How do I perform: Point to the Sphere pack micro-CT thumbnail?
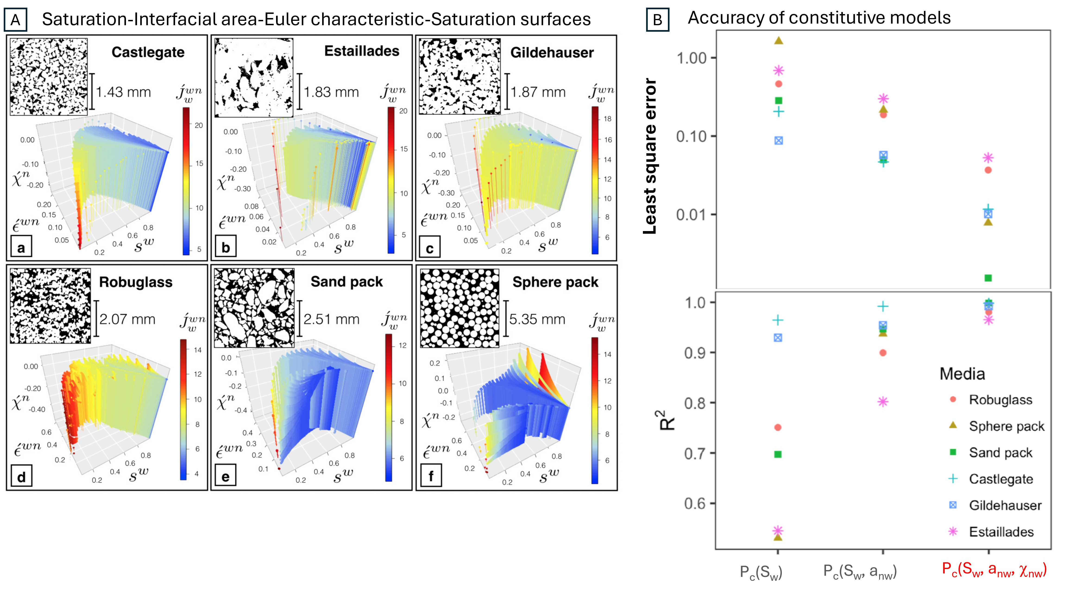pos(459,308)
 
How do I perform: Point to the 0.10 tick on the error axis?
pos(691,136)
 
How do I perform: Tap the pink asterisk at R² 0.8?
pos(883,402)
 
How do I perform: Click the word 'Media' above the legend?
pos(962,374)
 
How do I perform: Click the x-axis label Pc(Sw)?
pos(761,572)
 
